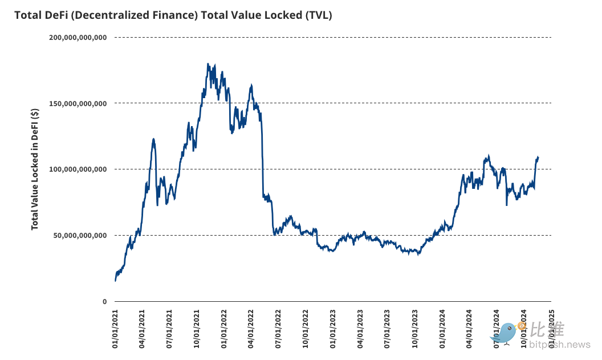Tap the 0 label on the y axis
click(105, 302)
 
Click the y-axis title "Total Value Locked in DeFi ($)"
click(35, 169)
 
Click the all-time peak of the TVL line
click(208, 64)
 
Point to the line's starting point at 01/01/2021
click(115, 281)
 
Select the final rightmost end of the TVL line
click(538, 157)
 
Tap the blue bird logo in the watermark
click(505, 332)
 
